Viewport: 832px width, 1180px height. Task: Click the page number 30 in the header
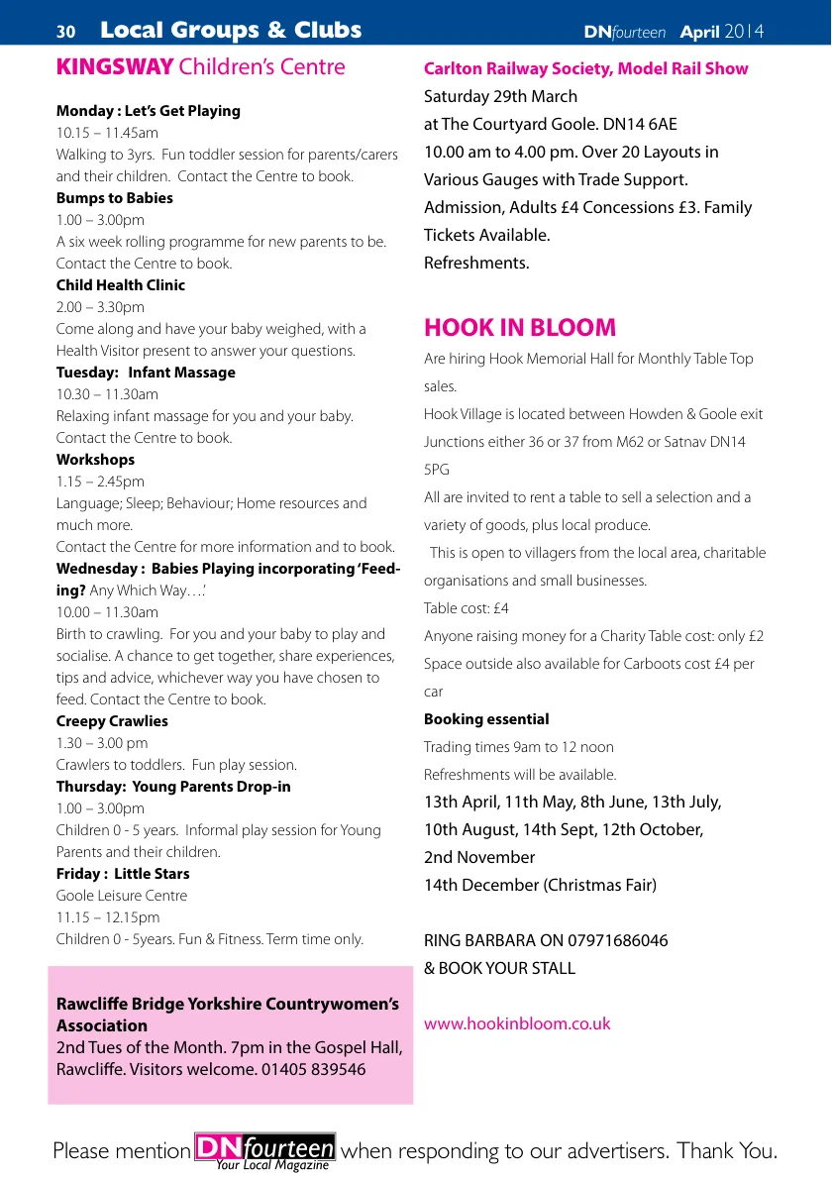(x=66, y=32)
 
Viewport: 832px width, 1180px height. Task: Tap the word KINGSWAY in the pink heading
(x=115, y=67)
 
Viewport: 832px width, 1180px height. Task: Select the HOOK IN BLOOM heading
(x=520, y=328)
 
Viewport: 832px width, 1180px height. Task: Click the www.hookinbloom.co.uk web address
(x=517, y=1023)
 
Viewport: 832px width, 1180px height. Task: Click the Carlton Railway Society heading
(x=585, y=68)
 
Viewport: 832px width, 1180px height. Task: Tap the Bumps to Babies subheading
(x=115, y=198)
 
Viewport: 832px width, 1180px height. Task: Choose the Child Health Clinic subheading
(x=121, y=285)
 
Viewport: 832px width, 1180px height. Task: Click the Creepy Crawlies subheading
(x=112, y=721)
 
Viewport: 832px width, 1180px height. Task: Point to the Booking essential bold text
(x=486, y=719)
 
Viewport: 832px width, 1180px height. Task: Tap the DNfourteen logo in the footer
(x=265, y=1149)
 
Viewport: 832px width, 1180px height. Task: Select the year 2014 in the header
(x=744, y=32)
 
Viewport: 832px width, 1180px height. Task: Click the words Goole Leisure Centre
(x=121, y=896)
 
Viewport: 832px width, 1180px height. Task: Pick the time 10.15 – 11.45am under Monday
(x=107, y=133)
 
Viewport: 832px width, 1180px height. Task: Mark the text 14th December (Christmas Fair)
(x=540, y=885)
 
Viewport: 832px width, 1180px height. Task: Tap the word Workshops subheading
(x=95, y=460)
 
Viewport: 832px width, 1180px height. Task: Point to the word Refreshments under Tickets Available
(x=476, y=263)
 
